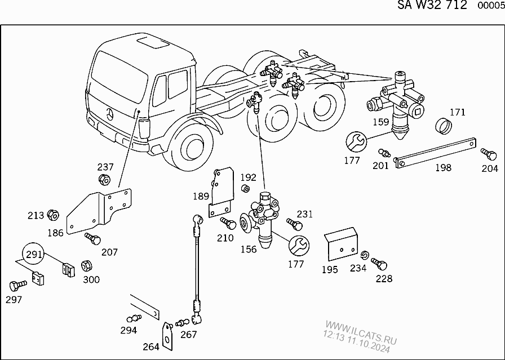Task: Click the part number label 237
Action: [105, 167]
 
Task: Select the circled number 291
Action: [34, 255]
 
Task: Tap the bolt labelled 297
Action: [17, 284]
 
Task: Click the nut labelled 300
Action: [87, 265]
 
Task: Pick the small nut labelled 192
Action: [246, 188]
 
